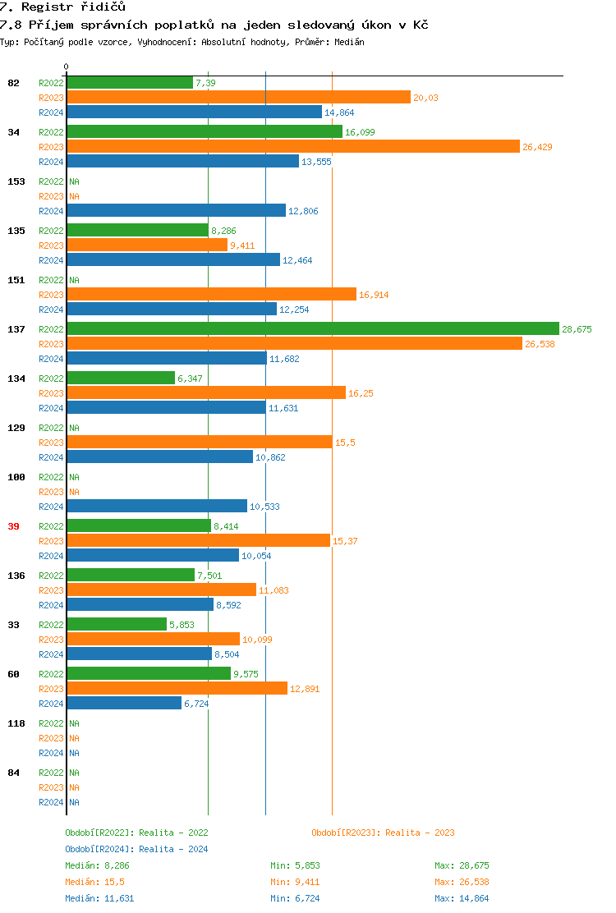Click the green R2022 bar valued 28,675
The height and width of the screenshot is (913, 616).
(x=312, y=329)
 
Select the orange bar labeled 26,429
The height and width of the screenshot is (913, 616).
(x=293, y=146)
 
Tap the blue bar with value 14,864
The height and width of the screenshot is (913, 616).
(x=194, y=112)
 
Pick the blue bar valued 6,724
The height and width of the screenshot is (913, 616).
(x=124, y=704)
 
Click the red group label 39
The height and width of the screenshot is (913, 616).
(x=13, y=526)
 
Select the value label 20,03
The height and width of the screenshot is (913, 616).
(x=425, y=98)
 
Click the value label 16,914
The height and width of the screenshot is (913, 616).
(x=374, y=295)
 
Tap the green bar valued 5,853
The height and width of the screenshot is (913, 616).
(x=117, y=625)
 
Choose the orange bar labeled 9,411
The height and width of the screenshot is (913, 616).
(x=147, y=245)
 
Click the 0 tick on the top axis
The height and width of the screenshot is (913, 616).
(x=67, y=67)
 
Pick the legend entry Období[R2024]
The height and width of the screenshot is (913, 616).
(x=99, y=849)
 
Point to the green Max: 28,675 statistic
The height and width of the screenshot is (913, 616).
(x=462, y=865)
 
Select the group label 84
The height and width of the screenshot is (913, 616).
(x=13, y=773)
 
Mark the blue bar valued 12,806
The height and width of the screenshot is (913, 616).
(x=176, y=211)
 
